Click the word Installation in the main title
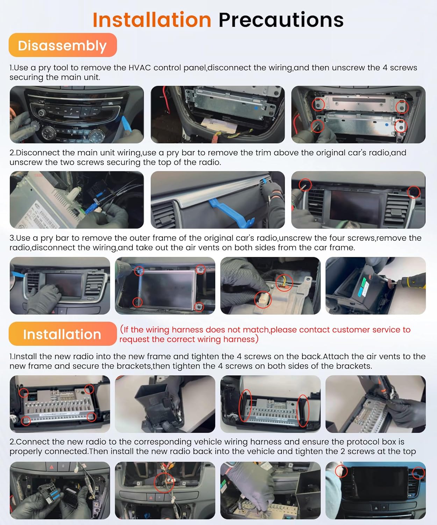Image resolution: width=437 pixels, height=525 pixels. pos(152,20)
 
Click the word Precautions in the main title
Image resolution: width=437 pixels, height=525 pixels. pos(281,20)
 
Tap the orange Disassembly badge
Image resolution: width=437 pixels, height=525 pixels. pos(63,45)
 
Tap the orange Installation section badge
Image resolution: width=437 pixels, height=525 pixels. pos(63,334)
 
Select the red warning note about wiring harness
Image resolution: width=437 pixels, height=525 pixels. pos(265,334)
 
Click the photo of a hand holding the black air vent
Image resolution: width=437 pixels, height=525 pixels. pos(165,404)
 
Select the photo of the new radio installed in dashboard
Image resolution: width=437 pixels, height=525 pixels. pos(375,490)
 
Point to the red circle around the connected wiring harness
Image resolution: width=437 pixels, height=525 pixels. pos(164,483)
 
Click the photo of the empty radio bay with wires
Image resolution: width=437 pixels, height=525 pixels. pos(217,114)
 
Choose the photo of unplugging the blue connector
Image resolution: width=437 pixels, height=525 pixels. pos(77,200)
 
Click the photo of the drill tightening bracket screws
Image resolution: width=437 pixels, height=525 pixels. pos(375,404)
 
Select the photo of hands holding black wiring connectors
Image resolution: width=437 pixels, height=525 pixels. pos(60,490)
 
